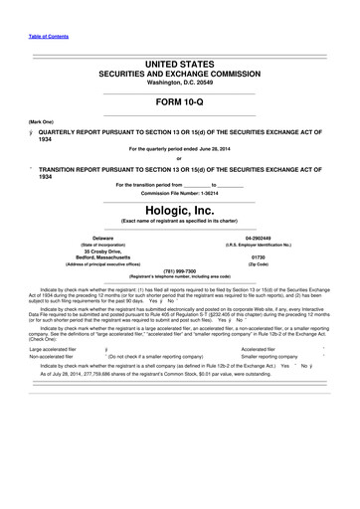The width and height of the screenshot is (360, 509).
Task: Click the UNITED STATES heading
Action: coord(180,63)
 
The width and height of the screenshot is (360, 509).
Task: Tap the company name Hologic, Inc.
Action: coord(180,206)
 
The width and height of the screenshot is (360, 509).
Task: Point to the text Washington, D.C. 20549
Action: coord(180,85)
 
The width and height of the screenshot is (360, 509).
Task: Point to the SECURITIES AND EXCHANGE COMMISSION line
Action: coord(180,75)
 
